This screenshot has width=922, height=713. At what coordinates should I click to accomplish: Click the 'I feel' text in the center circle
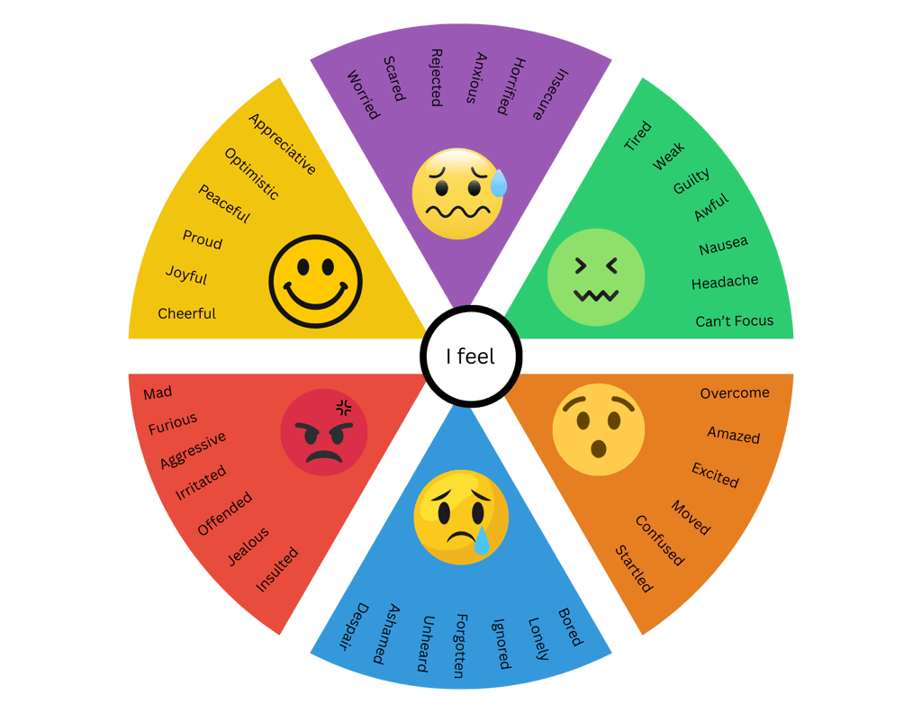click(x=470, y=356)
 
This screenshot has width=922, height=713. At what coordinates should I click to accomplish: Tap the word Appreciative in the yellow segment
click(x=282, y=144)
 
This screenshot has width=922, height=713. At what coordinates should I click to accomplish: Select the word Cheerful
click(x=186, y=313)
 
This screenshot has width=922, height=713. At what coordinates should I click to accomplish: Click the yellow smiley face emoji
click(x=315, y=281)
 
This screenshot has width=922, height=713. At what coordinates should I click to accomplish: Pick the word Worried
click(x=364, y=95)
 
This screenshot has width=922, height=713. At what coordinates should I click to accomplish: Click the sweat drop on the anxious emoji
click(x=498, y=185)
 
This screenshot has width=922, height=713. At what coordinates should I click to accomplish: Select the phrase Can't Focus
click(x=734, y=320)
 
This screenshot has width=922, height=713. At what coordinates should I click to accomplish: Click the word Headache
click(x=724, y=282)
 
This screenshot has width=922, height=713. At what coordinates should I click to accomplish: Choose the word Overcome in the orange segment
click(x=735, y=393)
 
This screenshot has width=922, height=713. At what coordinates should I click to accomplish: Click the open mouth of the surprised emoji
click(x=598, y=447)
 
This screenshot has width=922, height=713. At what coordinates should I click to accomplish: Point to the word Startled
click(x=634, y=569)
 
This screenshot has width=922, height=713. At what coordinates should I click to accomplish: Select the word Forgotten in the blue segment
click(x=459, y=645)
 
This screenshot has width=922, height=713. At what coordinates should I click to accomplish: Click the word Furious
click(x=173, y=424)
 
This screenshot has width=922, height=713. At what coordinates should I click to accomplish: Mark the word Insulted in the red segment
click(x=276, y=570)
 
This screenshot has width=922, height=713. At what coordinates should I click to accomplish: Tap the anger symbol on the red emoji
click(x=343, y=406)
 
